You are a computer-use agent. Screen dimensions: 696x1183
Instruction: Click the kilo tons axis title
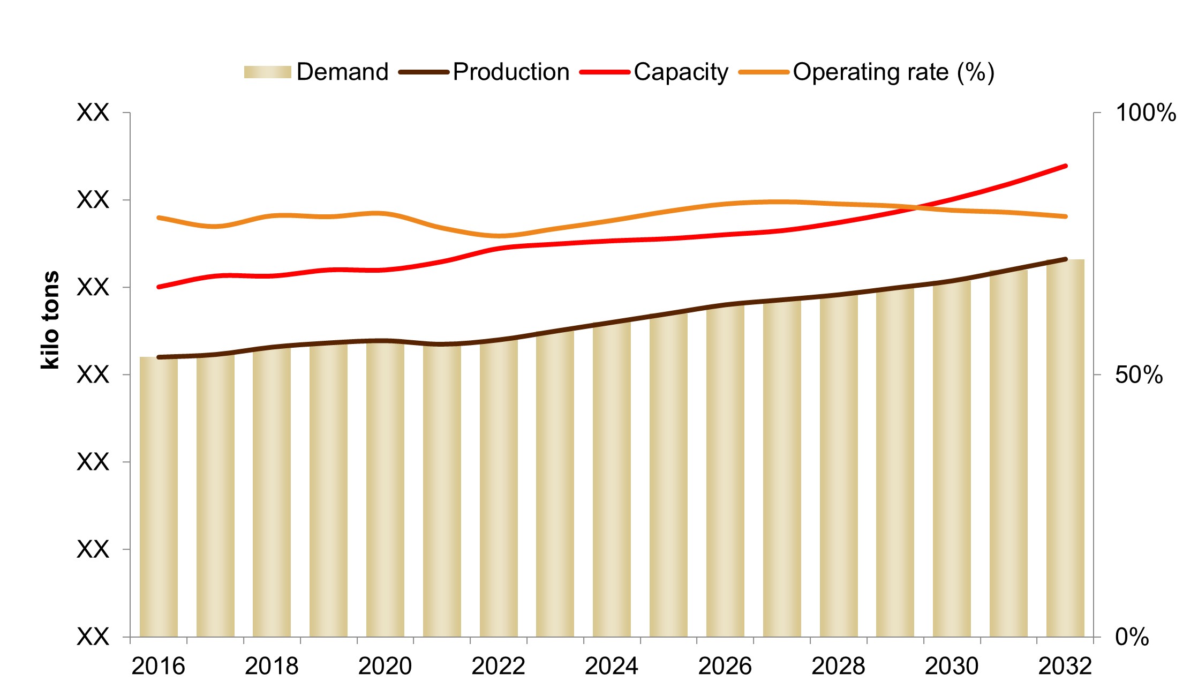coord(50,320)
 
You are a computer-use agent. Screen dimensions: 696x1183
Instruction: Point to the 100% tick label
coord(1145,113)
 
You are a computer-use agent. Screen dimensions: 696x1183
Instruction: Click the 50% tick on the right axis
coord(1139,375)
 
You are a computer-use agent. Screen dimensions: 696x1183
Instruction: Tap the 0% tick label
coord(1132,637)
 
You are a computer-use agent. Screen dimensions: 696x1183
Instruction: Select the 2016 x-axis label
coord(158,667)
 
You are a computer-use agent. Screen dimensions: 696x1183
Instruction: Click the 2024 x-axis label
coord(612,667)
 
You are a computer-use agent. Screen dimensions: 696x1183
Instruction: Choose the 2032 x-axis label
coord(1065,667)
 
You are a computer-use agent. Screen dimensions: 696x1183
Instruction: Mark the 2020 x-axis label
coord(385,667)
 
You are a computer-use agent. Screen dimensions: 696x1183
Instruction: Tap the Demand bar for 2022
coord(499,488)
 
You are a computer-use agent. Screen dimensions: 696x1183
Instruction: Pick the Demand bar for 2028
coord(839,466)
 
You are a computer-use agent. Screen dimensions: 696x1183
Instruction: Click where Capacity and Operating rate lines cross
coord(917,207)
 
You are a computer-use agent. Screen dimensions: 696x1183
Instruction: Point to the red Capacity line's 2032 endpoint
coord(1066,166)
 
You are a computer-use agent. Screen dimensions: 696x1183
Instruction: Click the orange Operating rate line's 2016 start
coord(159,218)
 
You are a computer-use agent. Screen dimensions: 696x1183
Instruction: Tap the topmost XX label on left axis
coord(93,113)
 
